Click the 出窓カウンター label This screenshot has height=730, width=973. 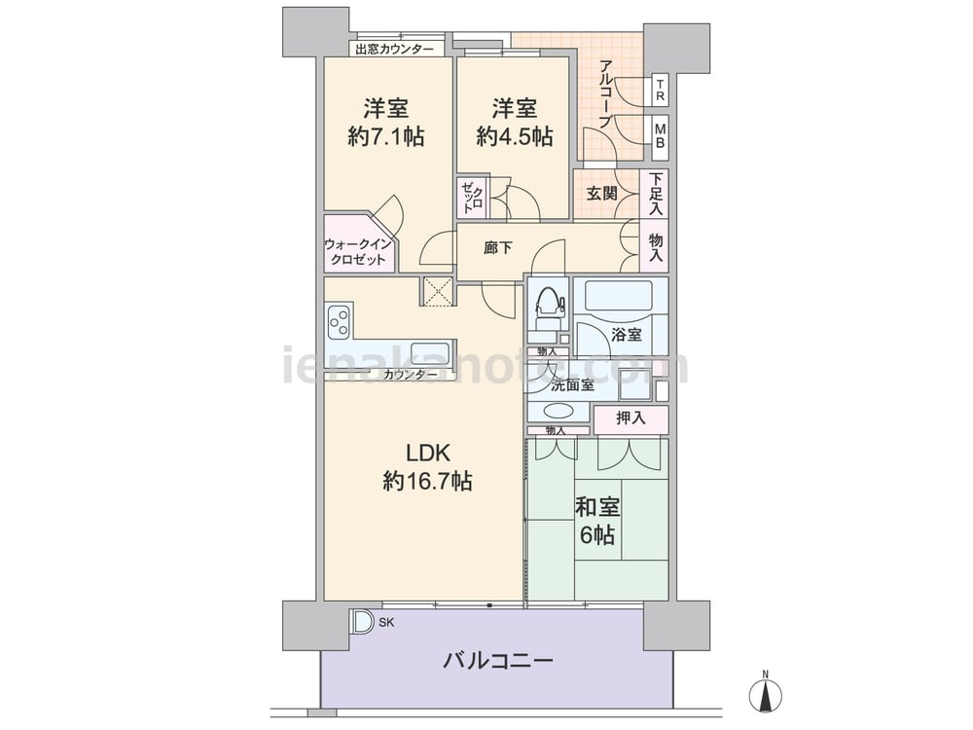395,49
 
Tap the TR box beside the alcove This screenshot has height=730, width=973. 661,91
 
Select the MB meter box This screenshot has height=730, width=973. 661,134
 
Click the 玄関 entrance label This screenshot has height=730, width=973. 602,193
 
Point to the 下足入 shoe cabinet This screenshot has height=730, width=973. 655,194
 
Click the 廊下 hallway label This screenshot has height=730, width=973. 498,248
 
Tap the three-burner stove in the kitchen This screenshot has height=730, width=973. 340,321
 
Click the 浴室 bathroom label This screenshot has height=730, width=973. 627,335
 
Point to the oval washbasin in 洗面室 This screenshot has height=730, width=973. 558,411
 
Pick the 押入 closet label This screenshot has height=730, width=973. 631,419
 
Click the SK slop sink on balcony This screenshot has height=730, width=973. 362,621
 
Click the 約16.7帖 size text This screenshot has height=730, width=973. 427,481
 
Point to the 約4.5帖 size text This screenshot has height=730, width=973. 515,136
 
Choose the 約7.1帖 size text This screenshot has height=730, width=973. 386,136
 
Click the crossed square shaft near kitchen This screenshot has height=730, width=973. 439,290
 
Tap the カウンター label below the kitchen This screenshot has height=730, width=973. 405,375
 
